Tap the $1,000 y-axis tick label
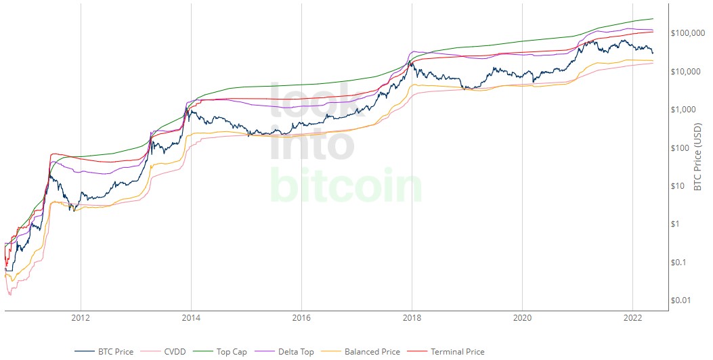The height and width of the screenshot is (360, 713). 685,110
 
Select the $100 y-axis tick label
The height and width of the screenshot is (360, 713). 682,148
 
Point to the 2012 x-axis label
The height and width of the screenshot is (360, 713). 81,317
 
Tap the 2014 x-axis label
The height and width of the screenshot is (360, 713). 191,317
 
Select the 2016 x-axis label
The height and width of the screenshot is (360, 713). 301,317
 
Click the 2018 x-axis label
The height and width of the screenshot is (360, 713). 412,317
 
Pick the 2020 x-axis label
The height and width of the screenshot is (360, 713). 522,317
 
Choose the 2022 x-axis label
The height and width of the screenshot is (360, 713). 632,317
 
